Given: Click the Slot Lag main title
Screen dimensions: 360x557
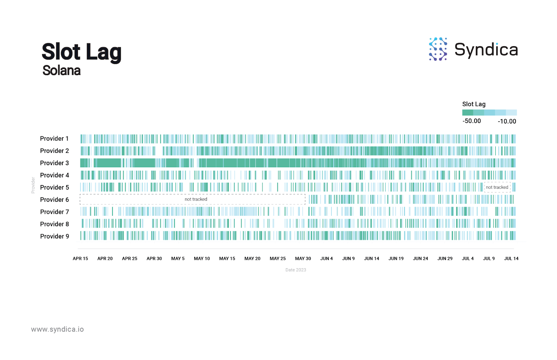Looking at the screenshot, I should (x=81, y=52).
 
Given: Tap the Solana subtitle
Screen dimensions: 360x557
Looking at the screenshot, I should (x=62, y=71).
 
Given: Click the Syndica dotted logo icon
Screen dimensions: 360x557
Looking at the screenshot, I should (x=438, y=49).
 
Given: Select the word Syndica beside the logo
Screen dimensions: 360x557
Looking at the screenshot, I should (x=486, y=50).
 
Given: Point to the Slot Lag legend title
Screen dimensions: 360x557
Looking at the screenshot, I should (x=473, y=104).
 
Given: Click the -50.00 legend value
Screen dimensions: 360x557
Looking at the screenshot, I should (x=471, y=121).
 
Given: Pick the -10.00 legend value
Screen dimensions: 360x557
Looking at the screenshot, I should (x=507, y=121).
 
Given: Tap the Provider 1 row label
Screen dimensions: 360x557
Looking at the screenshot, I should (x=54, y=138).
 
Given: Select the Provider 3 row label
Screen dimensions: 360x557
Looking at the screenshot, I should (x=54, y=163).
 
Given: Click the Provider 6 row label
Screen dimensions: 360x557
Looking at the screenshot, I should (x=54, y=200).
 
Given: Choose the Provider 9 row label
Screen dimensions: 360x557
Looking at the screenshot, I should (x=54, y=236).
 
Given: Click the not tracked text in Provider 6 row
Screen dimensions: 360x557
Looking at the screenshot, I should (x=196, y=199).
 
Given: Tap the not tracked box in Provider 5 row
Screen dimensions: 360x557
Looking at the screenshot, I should (x=497, y=187).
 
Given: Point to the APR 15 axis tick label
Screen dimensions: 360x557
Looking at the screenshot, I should (x=80, y=258).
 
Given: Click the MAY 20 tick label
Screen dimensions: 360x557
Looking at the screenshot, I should (x=252, y=258).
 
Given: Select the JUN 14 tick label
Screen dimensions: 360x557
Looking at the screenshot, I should (x=371, y=258).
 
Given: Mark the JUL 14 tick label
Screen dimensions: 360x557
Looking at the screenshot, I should (x=511, y=258).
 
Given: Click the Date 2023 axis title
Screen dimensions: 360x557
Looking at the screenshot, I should (x=296, y=270).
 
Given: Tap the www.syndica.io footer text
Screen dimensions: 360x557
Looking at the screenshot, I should (x=57, y=329).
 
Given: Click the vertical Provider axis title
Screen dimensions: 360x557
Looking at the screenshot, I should (x=33, y=185).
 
